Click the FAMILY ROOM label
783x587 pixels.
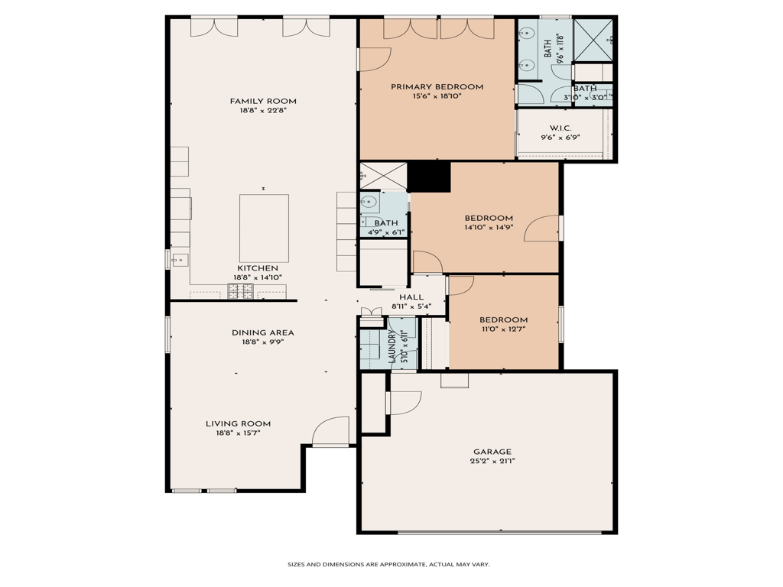[x=263, y=102]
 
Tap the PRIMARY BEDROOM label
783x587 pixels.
[x=437, y=87]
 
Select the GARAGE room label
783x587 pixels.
[x=492, y=452]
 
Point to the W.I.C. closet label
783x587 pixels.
[x=560, y=128]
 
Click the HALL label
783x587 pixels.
[x=411, y=297]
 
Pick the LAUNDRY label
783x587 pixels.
[x=392, y=346]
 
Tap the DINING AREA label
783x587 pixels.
[x=263, y=333]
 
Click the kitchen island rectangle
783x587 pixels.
[x=264, y=229]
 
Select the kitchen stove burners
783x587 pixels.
[x=241, y=291]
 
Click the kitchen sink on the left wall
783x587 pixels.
[x=180, y=260]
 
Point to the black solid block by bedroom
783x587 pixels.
[x=429, y=177]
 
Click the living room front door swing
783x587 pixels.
[x=330, y=430]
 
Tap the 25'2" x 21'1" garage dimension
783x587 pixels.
[x=492, y=461]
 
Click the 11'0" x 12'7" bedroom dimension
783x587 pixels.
[x=503, y=329]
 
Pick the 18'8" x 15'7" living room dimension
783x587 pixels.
[x=239, y=433]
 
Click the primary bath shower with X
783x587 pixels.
[x=593, y=40]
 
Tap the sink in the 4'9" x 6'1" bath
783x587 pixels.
[x=369, y=202]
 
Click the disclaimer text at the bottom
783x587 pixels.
[x=388, y=565]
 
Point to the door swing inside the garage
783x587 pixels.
[x=405, y=403]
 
